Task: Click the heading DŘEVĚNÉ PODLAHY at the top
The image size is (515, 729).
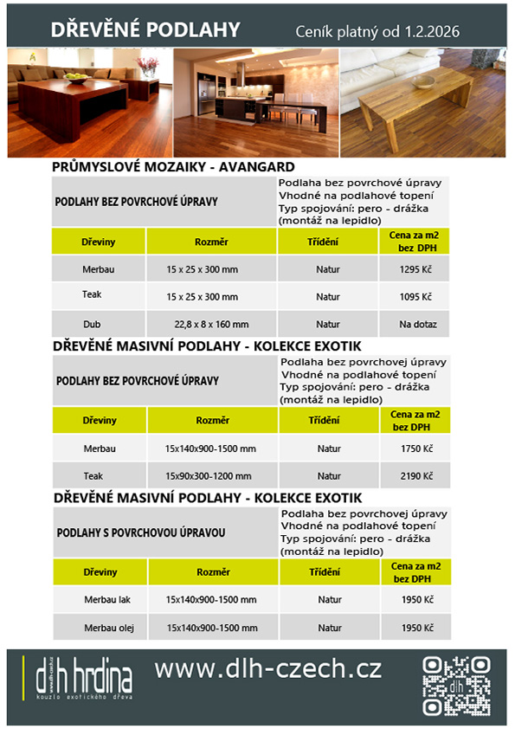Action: pos(145,30)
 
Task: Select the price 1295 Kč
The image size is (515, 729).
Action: pos(415,269)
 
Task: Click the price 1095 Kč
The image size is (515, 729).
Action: pos(415,297)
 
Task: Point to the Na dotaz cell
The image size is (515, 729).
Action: pos(415,325)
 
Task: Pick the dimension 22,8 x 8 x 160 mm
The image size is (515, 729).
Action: pos(211,325)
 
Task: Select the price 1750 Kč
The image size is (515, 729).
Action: pos(415,448)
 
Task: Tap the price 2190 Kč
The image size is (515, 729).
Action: pos(415,475)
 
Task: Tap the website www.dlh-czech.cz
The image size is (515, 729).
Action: pos(267,669)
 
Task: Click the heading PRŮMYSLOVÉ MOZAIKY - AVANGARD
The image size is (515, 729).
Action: pos(174,167)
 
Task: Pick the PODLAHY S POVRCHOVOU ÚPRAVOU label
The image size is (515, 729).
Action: pos(140,532)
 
